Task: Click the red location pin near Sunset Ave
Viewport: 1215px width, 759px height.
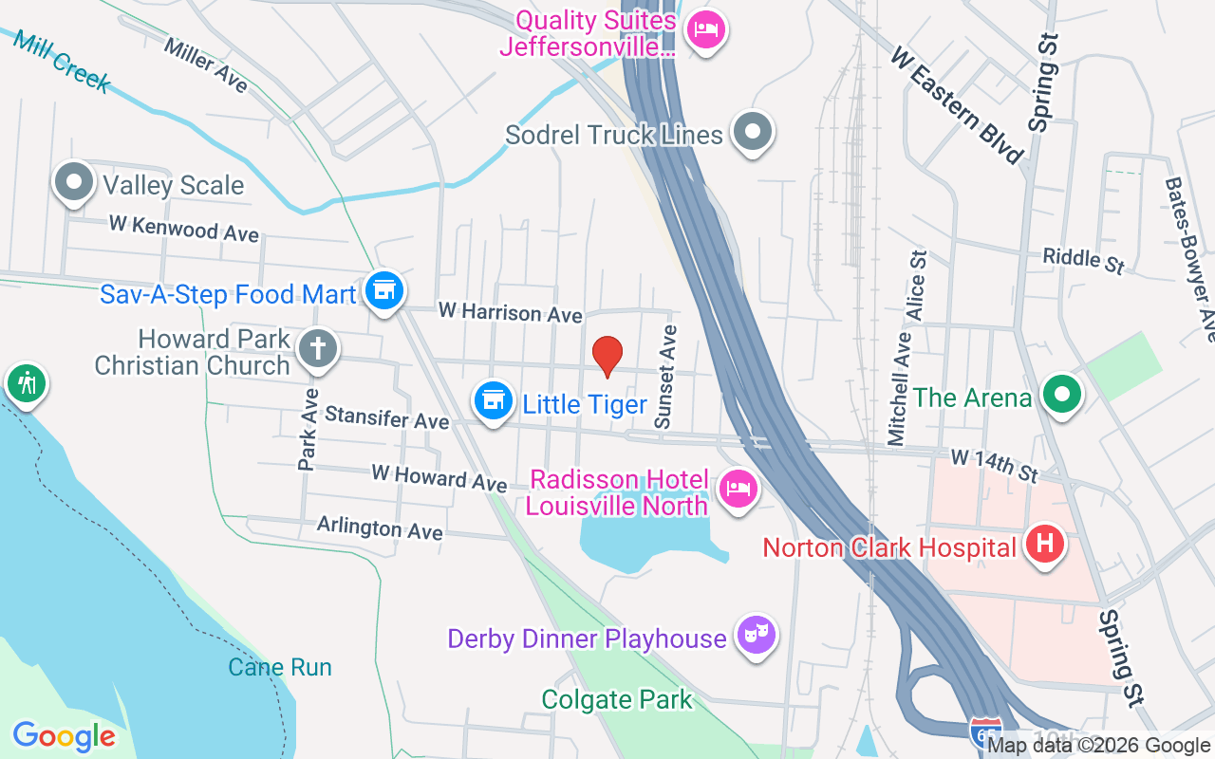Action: click(x=607, y=356)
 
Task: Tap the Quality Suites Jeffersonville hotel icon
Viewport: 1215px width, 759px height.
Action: click(x=705, y=30)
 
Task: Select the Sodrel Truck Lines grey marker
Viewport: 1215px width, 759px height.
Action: click(x=754, y=133)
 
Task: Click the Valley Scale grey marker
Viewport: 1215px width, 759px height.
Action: click(x=74, y=182)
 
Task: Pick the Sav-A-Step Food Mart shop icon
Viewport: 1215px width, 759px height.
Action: click(x=383, y=291)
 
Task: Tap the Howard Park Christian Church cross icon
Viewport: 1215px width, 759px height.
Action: click(x=317, y=349)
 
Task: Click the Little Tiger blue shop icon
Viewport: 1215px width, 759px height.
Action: click(x=493, y=401)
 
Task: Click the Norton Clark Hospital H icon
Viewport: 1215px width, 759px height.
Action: click(x=1045, y=546)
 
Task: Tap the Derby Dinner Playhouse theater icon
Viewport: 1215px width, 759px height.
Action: click(x=757, y=636)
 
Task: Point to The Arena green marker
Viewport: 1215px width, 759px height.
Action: click(x=1062, y=395)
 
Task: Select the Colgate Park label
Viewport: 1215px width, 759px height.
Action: click(x=617, y=700)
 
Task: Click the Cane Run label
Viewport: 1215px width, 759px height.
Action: click(x=280, y=667)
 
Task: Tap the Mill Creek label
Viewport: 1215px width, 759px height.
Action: click(x=62, y=61)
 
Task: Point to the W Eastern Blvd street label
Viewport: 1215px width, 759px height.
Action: click(x=959, y=105)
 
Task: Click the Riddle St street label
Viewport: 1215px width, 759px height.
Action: click(x=1083, y=260)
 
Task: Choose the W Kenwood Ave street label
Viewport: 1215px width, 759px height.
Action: click(x=183, y=228)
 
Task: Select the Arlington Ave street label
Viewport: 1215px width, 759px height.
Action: click(x=380, y=528)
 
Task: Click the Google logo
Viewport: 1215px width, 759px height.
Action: click(x=64, y=736)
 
